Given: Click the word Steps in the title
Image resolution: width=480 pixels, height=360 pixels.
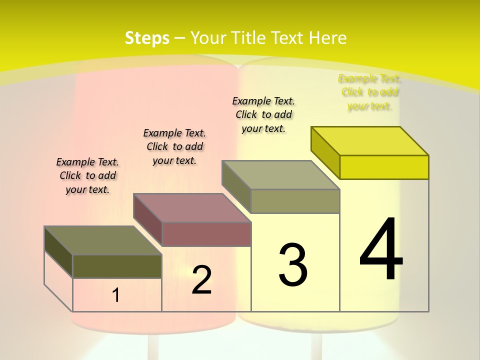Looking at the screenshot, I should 147,38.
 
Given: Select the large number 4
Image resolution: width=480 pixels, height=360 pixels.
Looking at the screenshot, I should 381,250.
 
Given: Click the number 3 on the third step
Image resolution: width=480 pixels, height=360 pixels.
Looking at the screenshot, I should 293,265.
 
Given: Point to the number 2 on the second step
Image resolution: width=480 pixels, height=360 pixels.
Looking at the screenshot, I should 201,280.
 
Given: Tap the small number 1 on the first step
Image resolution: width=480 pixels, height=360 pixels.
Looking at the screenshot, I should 115,295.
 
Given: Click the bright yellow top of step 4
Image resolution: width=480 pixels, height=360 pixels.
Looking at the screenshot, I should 370,140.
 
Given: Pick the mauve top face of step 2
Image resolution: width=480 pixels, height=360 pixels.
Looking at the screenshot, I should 192,208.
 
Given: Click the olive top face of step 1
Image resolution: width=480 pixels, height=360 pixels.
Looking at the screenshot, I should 103,240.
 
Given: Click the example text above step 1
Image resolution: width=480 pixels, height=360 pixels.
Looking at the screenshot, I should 87,175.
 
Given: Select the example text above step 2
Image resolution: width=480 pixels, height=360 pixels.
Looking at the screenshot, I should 174,146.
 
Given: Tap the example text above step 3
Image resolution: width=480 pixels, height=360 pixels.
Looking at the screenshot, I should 263,114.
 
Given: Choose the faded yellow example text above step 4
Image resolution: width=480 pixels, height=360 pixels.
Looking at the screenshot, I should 369,92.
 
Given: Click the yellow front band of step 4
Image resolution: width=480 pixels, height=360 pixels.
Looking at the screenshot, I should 384,167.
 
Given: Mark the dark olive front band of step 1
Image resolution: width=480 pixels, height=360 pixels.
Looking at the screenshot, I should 117,266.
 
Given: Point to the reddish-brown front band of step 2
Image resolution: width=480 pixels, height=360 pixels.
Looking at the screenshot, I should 206,234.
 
